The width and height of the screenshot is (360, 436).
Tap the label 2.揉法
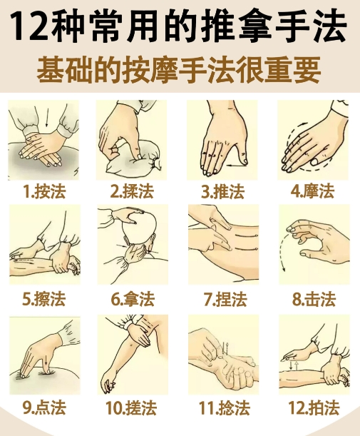click(x=133, y=191)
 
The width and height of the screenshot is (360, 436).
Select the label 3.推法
click(x=222, y=191)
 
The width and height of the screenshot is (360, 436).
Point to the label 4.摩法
click(x=312, y=191)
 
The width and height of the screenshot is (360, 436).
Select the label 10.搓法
click(x=133, y=408)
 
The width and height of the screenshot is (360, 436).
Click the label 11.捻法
click(x=222, y=408)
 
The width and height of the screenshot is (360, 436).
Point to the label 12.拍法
click(x=312, y=408)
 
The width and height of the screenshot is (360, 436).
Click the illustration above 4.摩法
click(x=313, y=140)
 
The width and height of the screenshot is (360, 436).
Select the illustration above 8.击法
click(x=313, y=246)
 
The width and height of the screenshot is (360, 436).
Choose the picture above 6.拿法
click(x=133, y=246)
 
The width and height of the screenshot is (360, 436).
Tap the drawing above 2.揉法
click(x=133, y=140)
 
